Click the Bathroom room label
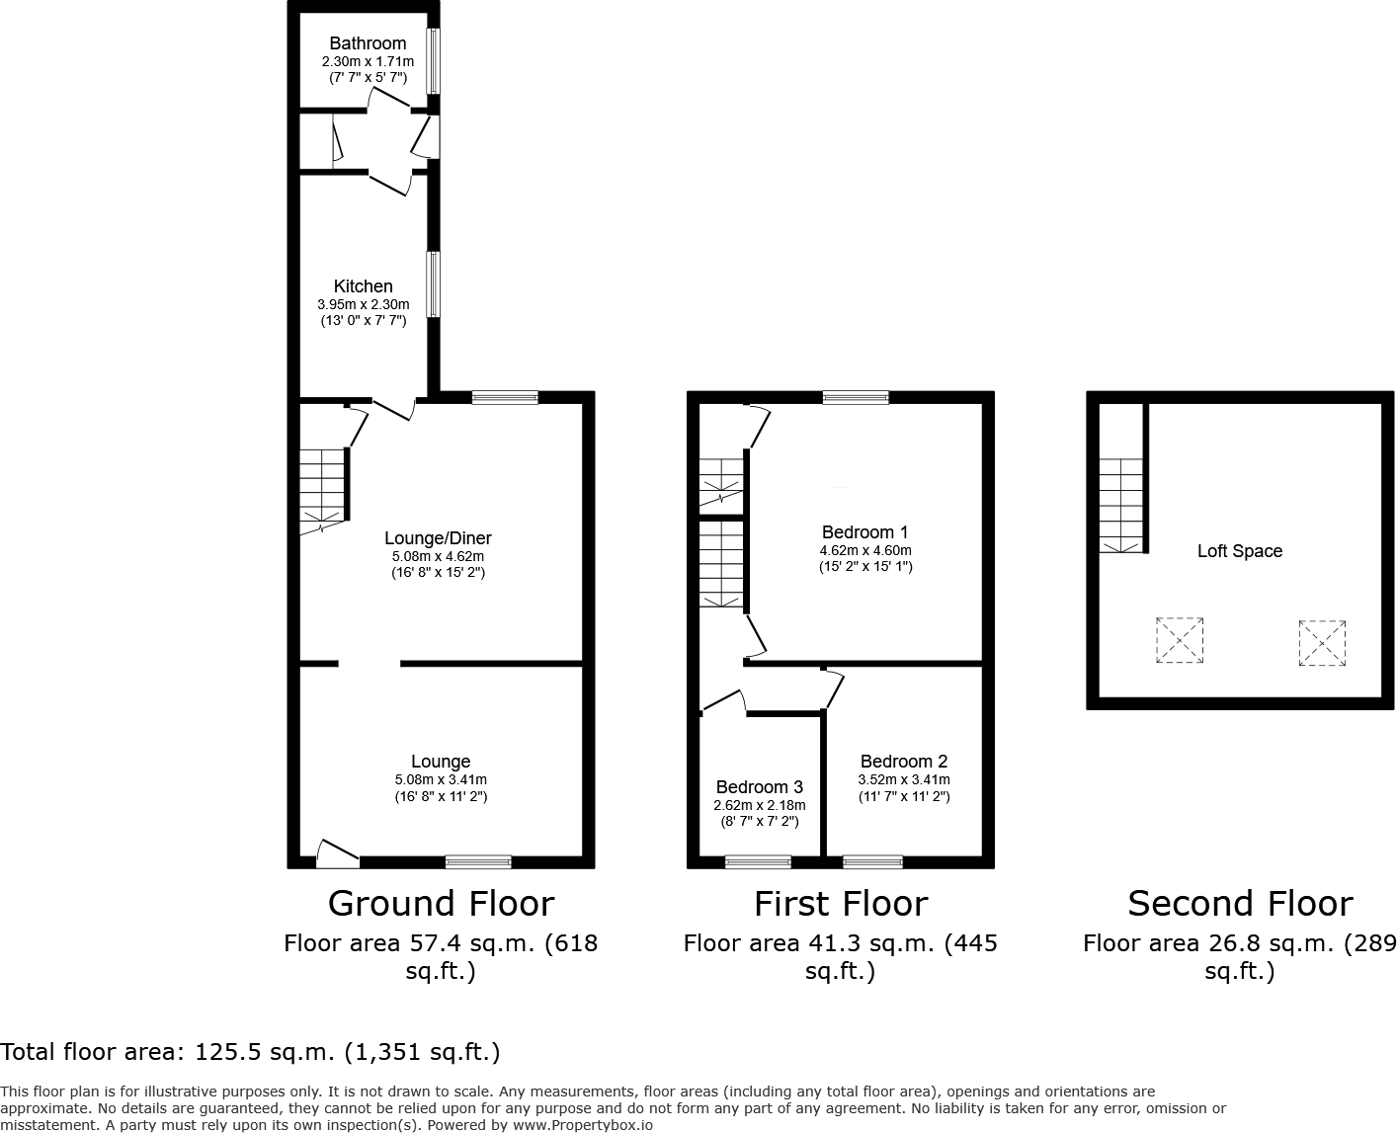coord(368,43)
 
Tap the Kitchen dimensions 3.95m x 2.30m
coord(363,304)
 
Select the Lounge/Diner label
coord(438,538)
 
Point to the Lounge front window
coord(478,862)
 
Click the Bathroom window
coord(434,61)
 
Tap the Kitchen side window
coord(434,284)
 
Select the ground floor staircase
coord(323,487)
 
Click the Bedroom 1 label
coord(864,532)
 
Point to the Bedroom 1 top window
coord(856,398)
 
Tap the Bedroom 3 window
coord(758,862)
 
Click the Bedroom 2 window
coord(872,862)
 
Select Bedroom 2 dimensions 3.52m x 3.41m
coord(904,779)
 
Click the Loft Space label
coord(1240,551)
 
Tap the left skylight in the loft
coord(1180,640)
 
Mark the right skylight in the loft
coord(1323,643)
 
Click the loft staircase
coord(1121,505)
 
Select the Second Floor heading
coord(1240,904)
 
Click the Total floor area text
coord(250,1052)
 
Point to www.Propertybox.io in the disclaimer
coord(582,1124)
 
